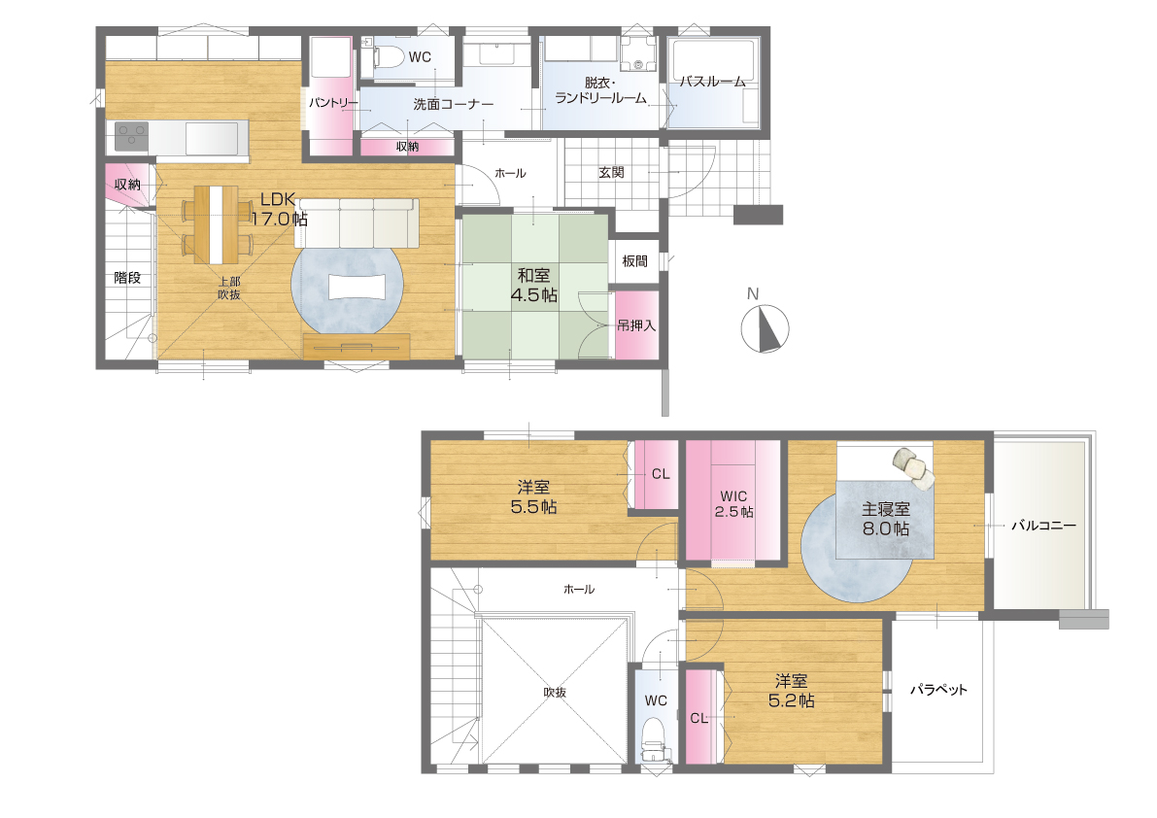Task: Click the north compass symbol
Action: (765, 327)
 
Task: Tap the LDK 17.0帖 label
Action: (279, 209)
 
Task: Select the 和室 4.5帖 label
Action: (533, 286)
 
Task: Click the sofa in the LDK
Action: (357, 222)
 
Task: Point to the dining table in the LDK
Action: (216, 224)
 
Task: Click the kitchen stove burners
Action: (132, 137)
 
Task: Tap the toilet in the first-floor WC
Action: (384, 56)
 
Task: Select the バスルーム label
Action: (713, 82)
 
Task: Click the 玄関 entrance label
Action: (611, 172)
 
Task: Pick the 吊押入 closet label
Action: (636, 325)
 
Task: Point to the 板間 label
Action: (634, 261)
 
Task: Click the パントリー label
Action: (333, 103)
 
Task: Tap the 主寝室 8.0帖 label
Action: (885, 519)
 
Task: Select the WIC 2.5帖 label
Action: (733, 504)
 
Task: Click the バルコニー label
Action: (1043, 526)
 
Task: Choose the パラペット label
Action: (937, 690)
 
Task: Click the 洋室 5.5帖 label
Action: (533, 497)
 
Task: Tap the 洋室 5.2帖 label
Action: (791, 691)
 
